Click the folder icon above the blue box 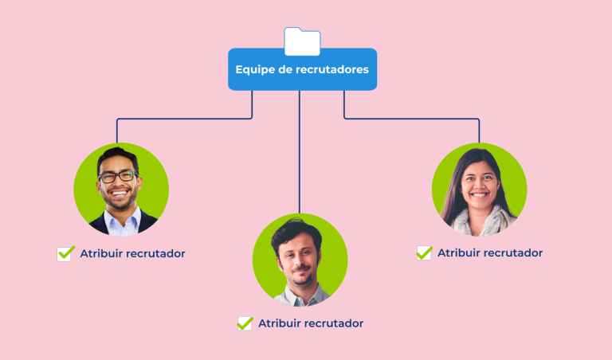302,41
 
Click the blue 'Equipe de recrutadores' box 302,69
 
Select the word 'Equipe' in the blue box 253,69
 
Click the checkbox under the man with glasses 65,253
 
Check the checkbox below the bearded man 245,323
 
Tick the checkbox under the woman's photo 424,252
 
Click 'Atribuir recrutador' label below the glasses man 132,253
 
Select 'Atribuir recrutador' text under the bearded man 311,323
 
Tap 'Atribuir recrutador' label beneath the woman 490,252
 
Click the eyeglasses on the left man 118,176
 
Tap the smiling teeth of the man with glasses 120,193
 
